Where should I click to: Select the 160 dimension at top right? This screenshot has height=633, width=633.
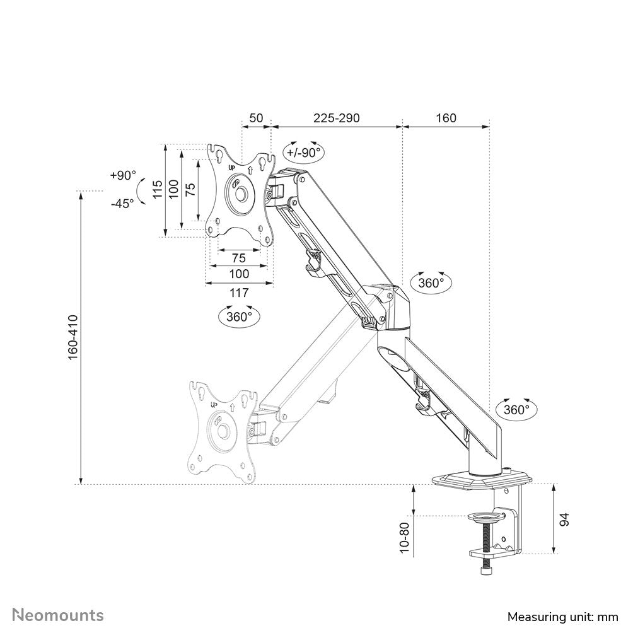(x=445, y=118)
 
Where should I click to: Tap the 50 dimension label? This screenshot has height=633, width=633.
(x=255, y=118)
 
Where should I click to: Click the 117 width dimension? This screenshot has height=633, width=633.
(x=239, y=293)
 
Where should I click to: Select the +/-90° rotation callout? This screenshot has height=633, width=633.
(x=304, y=152)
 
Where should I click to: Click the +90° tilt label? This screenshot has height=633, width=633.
(x=122, y=175)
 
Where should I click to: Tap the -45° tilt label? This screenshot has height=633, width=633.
(x=122, y=203)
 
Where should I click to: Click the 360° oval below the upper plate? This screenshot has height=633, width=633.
(x=239, y=316)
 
